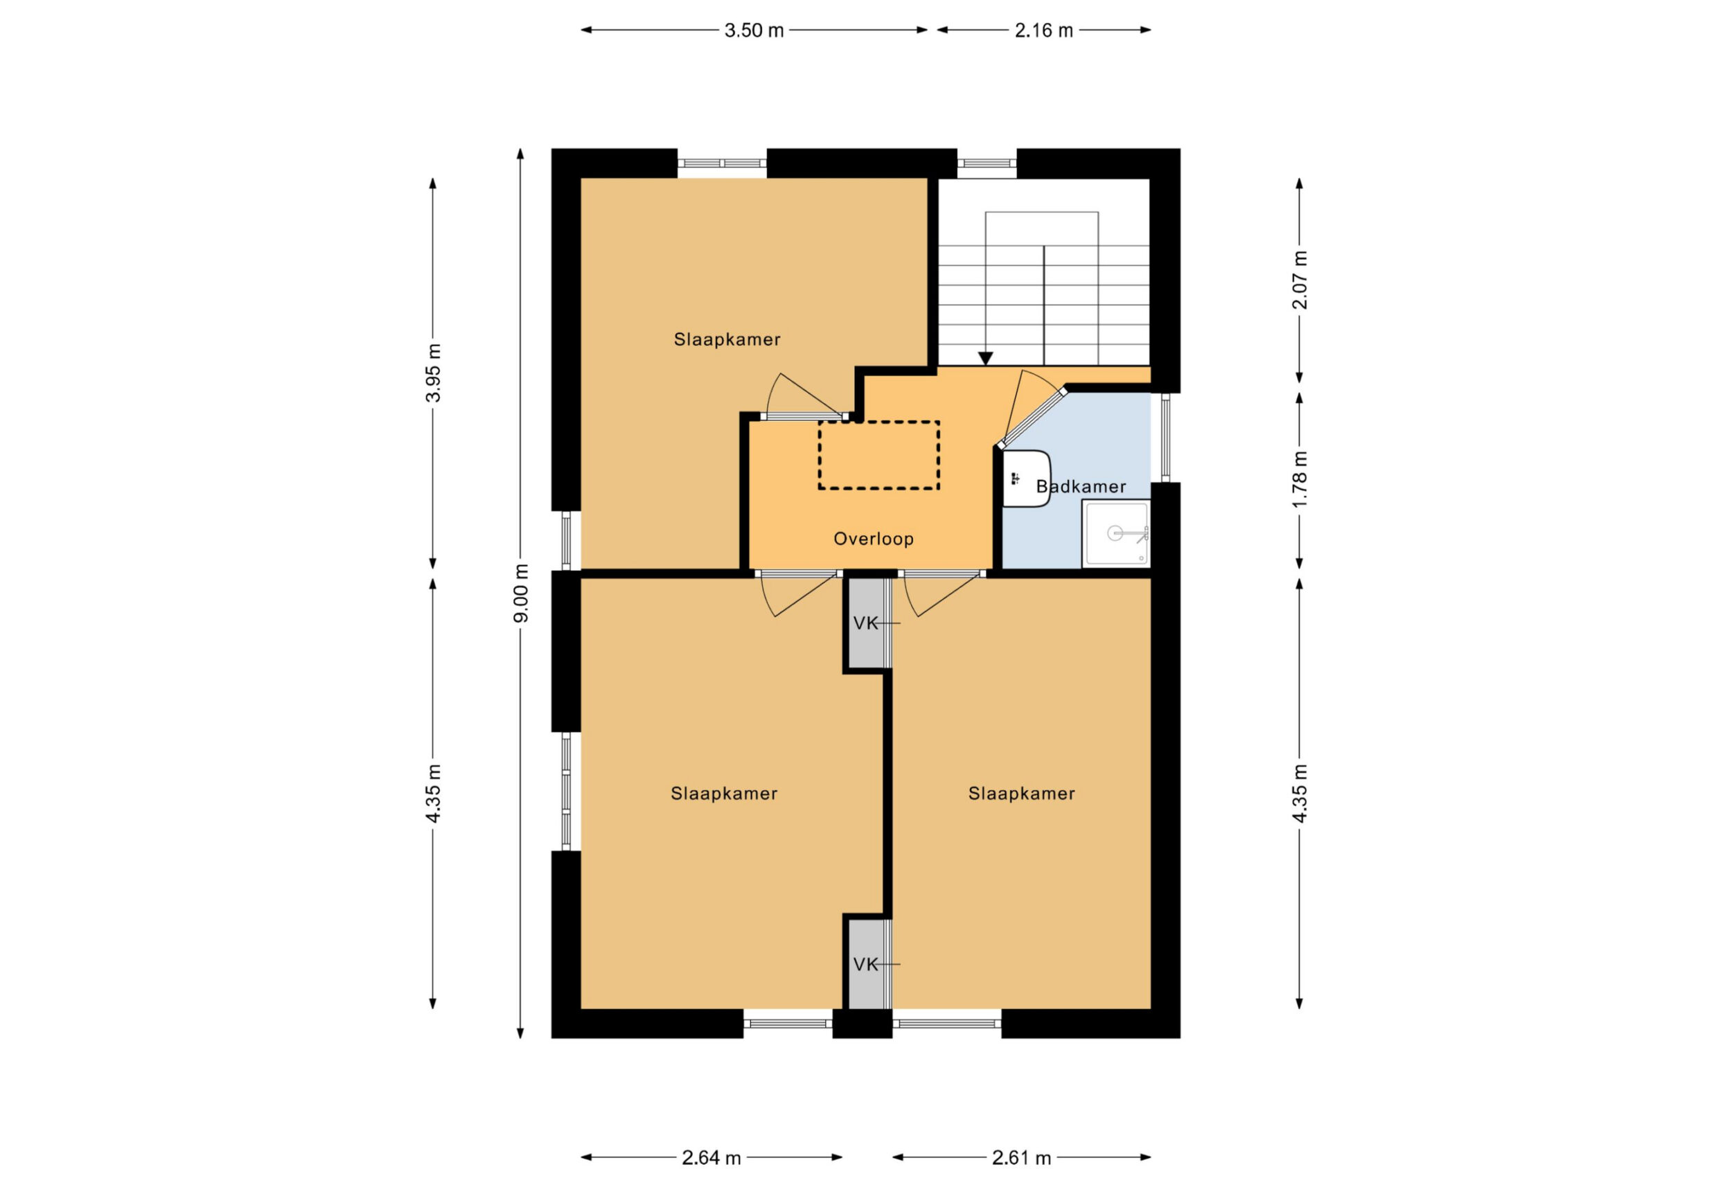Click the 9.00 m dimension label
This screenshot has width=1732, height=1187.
tap(521, 593)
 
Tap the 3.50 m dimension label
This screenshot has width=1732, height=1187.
tap(754, 30)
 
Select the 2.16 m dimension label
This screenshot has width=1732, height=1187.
tap(1043, 30)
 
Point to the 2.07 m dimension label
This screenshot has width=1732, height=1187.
tap(1300, 280)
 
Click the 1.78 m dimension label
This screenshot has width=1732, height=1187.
tap(1300, 479)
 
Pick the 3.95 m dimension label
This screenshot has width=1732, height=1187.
tap(433, 373)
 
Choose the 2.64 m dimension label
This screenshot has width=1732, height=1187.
tap(712, 1157)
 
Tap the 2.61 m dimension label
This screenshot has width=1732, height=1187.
tap(1021, 1157)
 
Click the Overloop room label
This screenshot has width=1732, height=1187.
tap(874, 539)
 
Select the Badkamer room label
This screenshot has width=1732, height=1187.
tap(1081, 487)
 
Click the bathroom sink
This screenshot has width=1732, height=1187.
tap(1026, 479)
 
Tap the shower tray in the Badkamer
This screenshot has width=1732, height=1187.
tap(1116, 533)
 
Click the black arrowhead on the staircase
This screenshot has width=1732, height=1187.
tap(986, 359)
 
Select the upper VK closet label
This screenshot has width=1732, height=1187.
tap(866, 624)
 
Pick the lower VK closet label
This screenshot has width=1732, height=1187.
tap(866, 965)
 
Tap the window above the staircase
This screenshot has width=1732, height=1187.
tap(987, 163)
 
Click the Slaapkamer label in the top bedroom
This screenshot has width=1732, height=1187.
tap(727, 340)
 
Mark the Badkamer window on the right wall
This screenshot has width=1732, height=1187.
tap(1165, 438)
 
